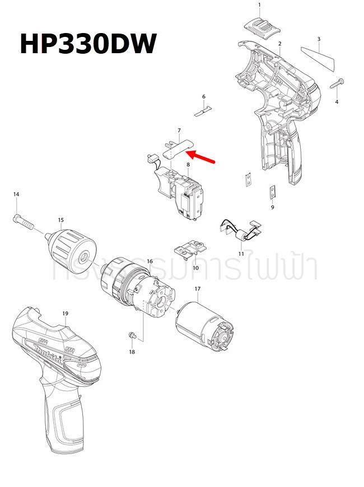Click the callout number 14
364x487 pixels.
point(16,194)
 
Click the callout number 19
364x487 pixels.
point(65,313)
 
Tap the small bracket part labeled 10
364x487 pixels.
point(190,248)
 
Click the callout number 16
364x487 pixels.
point(150,261)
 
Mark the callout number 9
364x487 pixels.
point(272,207)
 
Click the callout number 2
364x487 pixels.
point(279,44)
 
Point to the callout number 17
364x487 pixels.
point(197,289)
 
